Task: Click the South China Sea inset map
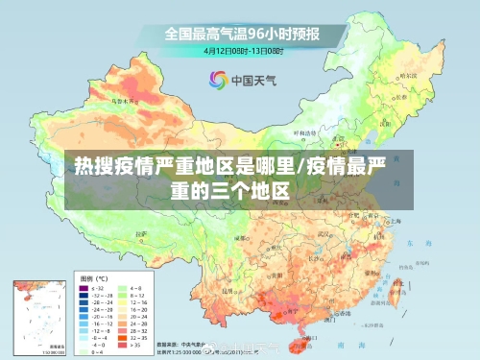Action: (x=38, y=316)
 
